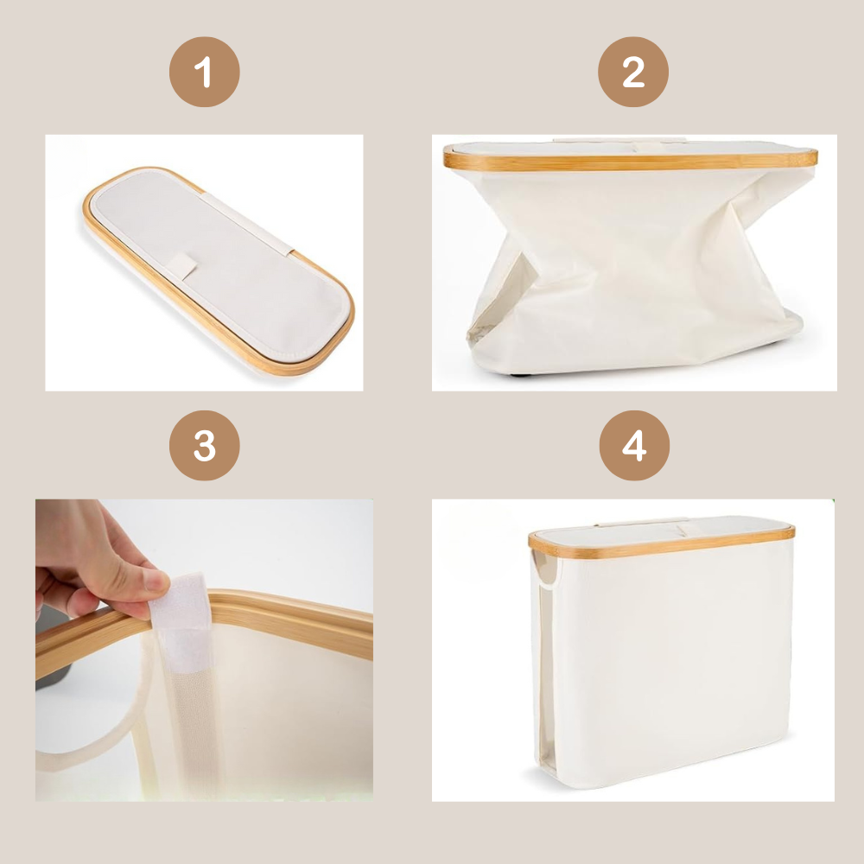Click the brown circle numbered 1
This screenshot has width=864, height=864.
tap(204, 72)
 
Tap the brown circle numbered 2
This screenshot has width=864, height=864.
tap(633, 72)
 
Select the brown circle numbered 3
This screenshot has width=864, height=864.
tap(204, 445)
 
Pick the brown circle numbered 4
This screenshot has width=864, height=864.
tap(634, 445)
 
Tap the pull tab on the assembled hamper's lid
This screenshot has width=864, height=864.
tap(683, 530)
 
